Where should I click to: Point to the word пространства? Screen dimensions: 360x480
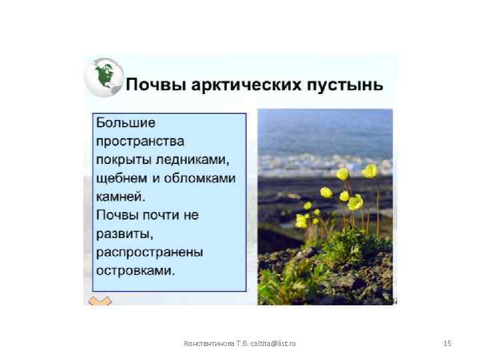coord(140,142)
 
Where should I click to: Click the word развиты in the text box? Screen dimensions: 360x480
coord(125,234)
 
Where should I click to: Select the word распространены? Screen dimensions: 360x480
coord(149,253)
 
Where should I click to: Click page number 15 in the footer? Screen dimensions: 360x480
coord(447,343)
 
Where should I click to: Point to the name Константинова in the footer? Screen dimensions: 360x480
coord(208,343)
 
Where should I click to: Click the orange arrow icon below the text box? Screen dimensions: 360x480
coord(100,301)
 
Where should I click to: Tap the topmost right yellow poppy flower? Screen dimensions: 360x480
coord(370,171)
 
